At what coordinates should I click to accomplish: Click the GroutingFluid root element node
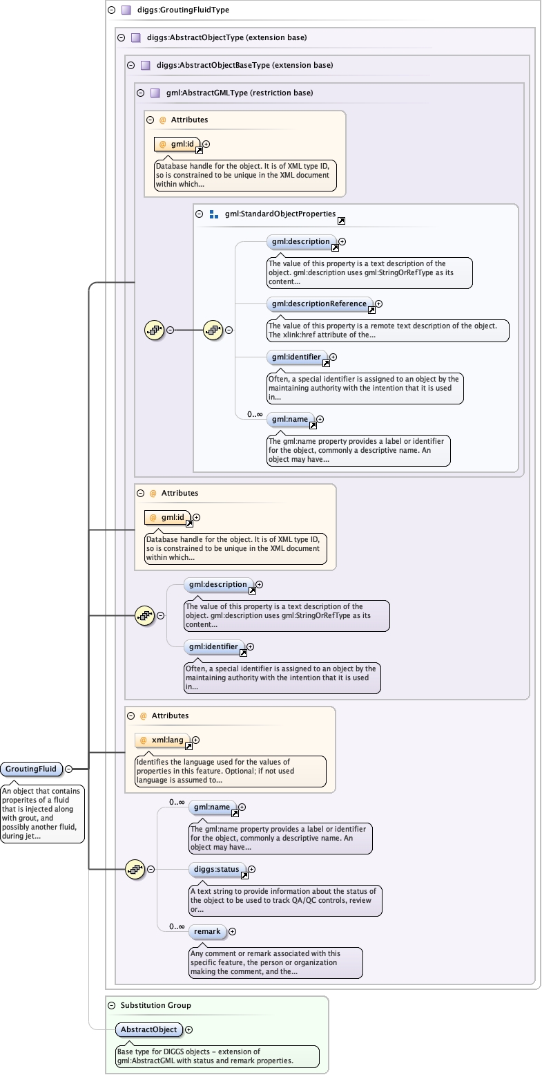click(x=31, y=769)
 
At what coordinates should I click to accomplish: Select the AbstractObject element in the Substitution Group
click(x=149, y=1029)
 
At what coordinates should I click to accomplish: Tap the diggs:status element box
click(x=217, y=869)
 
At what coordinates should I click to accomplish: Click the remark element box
click(x=207, y=931)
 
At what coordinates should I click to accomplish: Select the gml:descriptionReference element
click(x=319, y=303)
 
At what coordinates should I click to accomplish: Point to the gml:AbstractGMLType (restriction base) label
click(x=239, y=93)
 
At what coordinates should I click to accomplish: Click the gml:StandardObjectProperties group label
click(x=280, y=214)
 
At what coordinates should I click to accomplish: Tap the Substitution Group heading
click(x=155, y=1004)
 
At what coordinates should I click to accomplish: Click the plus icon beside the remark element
click(x=232, y=932)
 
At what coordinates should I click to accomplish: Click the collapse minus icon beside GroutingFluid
click(x=69, y=769)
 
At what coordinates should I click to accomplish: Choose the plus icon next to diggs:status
click(x=251, y=870)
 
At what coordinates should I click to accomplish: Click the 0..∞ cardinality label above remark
click(x=177, y=926)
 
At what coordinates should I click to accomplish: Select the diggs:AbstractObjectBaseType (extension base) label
click(x=244, y=65)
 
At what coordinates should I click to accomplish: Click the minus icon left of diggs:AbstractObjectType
click(x=121, y=37)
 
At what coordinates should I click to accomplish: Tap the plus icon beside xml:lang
click(x=196, y=740)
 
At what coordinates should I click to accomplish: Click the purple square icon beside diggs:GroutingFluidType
click(x=126, y=10)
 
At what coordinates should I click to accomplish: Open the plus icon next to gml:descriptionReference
click(x=378, y=303)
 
